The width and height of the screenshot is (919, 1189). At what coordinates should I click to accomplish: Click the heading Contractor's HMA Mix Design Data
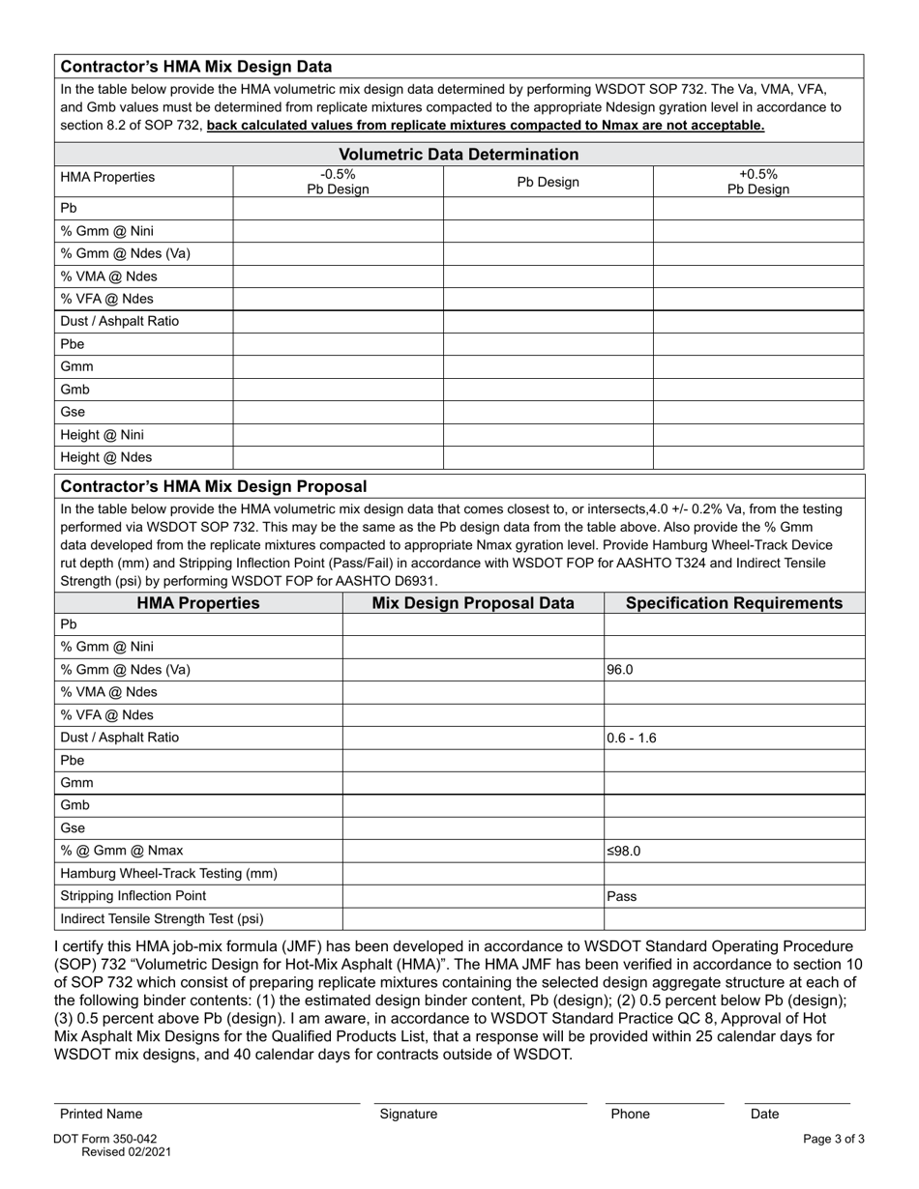point(196,67)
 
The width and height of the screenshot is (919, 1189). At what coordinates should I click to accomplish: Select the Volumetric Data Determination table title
point(459,155)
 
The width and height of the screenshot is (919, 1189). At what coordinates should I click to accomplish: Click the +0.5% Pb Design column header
point(758,182)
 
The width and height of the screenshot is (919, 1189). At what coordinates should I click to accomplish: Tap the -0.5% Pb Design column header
point(338,182)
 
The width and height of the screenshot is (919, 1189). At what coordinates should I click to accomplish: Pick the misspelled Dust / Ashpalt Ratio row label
point(119,321)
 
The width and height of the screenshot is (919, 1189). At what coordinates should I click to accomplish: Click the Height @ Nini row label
point(102,435)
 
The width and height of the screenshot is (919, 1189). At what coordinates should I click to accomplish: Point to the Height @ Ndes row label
point(105,457)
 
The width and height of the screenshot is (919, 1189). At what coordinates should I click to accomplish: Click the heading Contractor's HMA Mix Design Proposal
point(214,486)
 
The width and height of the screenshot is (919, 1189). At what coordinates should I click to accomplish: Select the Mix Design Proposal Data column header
point(473,603)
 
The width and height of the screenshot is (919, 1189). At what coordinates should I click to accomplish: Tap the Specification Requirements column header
point(734,603)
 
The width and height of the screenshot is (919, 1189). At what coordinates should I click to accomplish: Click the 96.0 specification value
point(620,670)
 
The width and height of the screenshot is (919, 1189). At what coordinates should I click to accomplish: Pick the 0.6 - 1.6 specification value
point(632,738)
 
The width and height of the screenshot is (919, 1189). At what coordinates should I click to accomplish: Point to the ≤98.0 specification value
point(624,852)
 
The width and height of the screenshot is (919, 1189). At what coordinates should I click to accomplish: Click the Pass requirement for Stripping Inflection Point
point(622,896)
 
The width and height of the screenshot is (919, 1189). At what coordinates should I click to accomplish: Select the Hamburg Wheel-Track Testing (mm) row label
point(168,874)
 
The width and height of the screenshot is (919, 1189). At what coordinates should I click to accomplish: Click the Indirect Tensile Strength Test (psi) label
point(162,919)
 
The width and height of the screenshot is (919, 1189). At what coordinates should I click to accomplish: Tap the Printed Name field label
point(101,1114)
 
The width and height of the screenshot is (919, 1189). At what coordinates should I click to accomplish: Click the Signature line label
point(408,1114)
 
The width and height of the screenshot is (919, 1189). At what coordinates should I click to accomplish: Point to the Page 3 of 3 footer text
point(834,1139)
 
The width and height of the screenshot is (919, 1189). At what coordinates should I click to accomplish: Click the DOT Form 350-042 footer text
point(105,1139)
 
